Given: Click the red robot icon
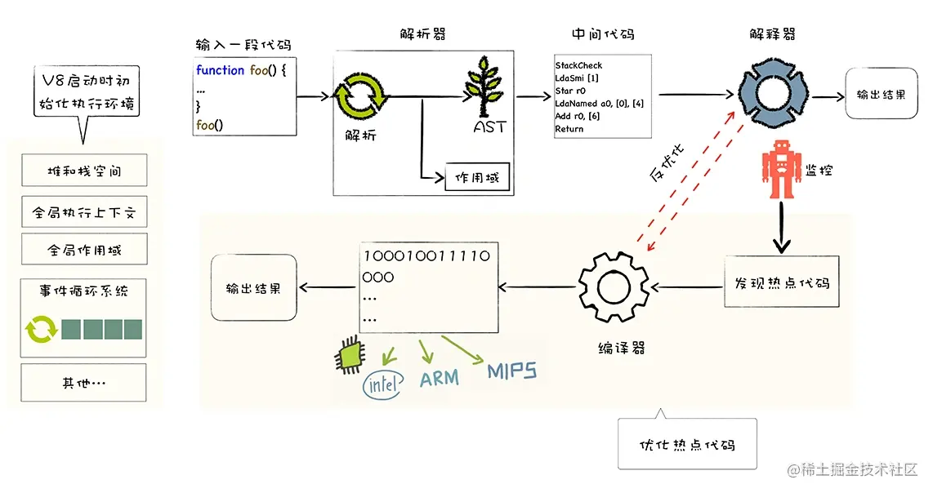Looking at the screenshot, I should (777, 171).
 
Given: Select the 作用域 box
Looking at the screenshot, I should (477, 178).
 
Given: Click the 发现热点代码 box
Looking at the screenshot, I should (777, 282).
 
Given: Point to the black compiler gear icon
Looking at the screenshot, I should (613, 285).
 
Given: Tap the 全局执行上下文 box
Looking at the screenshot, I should (84, 214).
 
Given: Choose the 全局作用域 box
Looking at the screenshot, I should (84, 251).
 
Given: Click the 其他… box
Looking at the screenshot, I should (84, 382).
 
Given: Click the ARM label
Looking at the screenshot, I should (440, 379).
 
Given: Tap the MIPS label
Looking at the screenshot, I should (512, 372).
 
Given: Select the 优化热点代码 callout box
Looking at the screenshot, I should (686, 444).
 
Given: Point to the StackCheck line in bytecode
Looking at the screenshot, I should (578, 65).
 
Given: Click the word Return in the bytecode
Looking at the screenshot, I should (569, 129).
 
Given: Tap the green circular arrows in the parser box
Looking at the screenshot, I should (359, 96).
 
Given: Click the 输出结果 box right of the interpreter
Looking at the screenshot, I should (881, 95).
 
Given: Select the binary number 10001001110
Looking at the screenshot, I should (426, 255).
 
